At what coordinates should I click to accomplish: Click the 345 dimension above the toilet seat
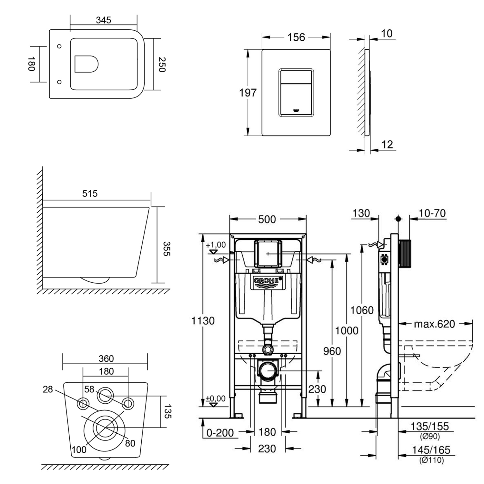click(x=104, y=20)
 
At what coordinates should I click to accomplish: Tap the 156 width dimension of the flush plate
click(x=296, y=37)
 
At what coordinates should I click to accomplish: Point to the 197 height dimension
click(x=247, y=93)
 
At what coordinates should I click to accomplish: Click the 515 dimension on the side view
click(x=90, y=194)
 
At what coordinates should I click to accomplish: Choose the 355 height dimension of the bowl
click(x=166, y=248)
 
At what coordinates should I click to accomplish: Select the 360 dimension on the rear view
click(x=106, y=358)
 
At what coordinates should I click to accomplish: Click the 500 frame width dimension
click(x=267, y=219)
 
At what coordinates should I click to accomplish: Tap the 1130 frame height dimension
click(x=203, y=321)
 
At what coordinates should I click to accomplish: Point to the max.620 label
click(x=434, y=324)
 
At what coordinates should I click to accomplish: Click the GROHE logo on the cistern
click(x=267, y=281)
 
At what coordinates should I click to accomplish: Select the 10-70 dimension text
click(x=432, y=213)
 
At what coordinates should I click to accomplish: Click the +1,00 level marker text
click(x=216, y=245)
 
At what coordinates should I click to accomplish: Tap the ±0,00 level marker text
click(x=216, y=399)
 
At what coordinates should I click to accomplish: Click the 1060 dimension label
click(x=362, y=310)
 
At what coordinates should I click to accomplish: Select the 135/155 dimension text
click(x=429, y=427)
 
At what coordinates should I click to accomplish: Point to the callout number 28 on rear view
click(x=48, y=389)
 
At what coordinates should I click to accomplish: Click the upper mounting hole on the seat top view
click(x=59, y=46)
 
